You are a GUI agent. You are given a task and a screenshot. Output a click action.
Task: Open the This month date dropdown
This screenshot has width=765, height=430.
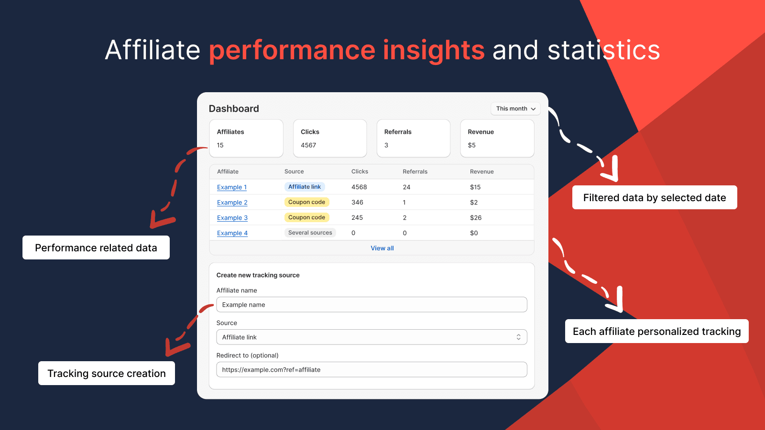515,108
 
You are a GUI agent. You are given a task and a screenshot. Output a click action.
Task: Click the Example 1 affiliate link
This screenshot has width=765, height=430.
231,187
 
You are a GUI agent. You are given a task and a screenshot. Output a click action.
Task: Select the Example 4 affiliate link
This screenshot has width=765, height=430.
232,233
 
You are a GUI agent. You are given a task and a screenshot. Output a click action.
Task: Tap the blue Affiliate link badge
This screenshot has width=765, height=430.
304,187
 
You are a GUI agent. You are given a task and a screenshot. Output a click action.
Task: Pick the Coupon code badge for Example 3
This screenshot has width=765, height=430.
306,217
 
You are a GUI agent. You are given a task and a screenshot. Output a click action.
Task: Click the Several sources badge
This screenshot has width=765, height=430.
310,233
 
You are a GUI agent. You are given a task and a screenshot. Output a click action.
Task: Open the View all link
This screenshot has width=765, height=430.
382,248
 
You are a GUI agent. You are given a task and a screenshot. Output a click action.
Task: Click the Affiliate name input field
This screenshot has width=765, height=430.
372,304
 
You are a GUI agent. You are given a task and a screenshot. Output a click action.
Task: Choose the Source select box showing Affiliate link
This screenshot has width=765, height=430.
372,337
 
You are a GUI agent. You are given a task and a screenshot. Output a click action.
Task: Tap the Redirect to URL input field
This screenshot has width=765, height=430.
372,370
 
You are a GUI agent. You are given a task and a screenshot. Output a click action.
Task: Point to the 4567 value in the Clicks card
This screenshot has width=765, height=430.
308,145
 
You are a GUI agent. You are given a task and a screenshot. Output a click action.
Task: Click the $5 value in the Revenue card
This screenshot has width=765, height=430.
471,145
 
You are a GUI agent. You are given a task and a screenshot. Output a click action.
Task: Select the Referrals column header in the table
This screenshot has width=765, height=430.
415,172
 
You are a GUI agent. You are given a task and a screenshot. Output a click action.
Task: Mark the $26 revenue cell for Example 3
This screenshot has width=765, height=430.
476,218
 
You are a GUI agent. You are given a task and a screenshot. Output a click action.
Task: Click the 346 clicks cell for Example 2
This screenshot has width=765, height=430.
357,203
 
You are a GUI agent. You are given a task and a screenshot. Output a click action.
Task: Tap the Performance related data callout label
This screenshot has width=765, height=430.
96,247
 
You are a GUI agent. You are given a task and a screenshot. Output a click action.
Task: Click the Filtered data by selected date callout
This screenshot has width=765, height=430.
655,197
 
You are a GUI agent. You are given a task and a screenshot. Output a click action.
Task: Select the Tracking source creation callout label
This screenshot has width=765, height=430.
107,373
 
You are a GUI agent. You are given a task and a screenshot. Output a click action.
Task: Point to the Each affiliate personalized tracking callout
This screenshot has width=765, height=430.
657,331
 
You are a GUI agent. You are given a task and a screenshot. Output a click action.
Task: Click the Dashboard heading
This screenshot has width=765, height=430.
234,108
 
